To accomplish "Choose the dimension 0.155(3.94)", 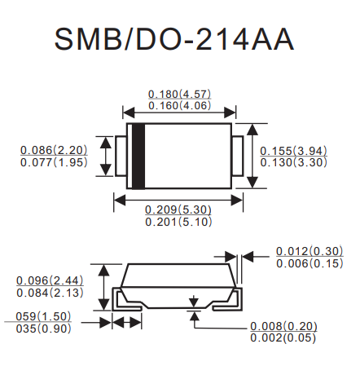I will tap(293, 151).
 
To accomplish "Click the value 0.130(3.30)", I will tap(293, 162).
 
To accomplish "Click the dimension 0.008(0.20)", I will tap(283, 326).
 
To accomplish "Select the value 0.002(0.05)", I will tap(283, 337).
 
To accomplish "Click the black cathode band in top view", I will tap(138, 156).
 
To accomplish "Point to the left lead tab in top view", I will tap(121, 157).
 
